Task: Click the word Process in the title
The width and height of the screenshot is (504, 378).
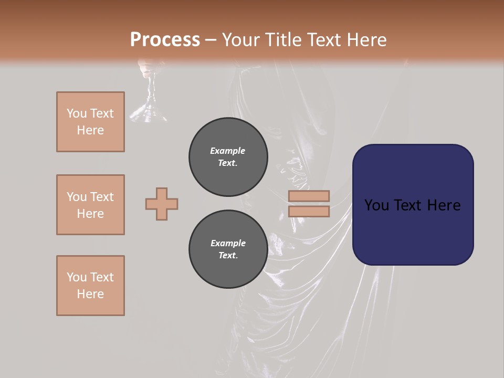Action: pos(165,39)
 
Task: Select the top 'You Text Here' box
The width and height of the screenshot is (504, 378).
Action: pos(90,122)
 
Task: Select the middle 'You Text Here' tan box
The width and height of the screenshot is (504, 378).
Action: pos(90,205)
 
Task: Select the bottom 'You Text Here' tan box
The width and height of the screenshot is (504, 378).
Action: pos(90,285)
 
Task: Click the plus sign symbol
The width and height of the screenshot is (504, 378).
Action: pos(162,204)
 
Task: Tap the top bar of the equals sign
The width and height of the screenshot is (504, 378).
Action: pos(309,196)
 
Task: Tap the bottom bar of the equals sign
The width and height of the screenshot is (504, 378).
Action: pos(309,212)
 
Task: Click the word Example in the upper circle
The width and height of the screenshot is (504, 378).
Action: pos(228,151)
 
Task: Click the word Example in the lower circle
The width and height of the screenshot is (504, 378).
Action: pos(228,243)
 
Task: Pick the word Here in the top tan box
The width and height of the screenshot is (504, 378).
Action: pos(90,130)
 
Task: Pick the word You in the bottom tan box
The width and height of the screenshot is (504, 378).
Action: pos(77,277)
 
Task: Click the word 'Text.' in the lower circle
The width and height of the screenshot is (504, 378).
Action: pos(228,255)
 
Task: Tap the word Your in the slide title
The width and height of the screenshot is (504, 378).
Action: pos(240,39)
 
